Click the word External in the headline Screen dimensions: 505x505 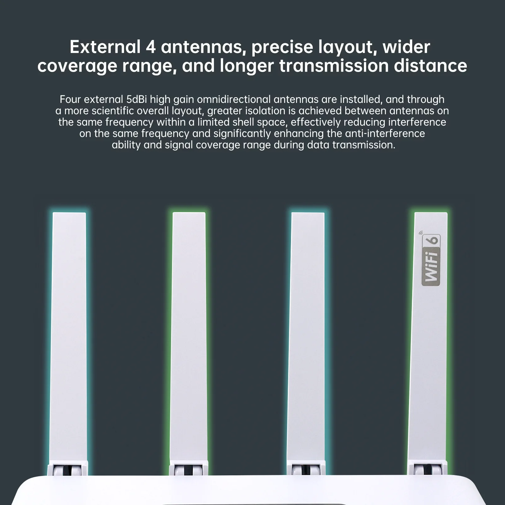(x=105, y=47)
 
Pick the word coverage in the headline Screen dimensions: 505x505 (x=77, y=66)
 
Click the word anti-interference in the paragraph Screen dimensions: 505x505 (x=385, y=134)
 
